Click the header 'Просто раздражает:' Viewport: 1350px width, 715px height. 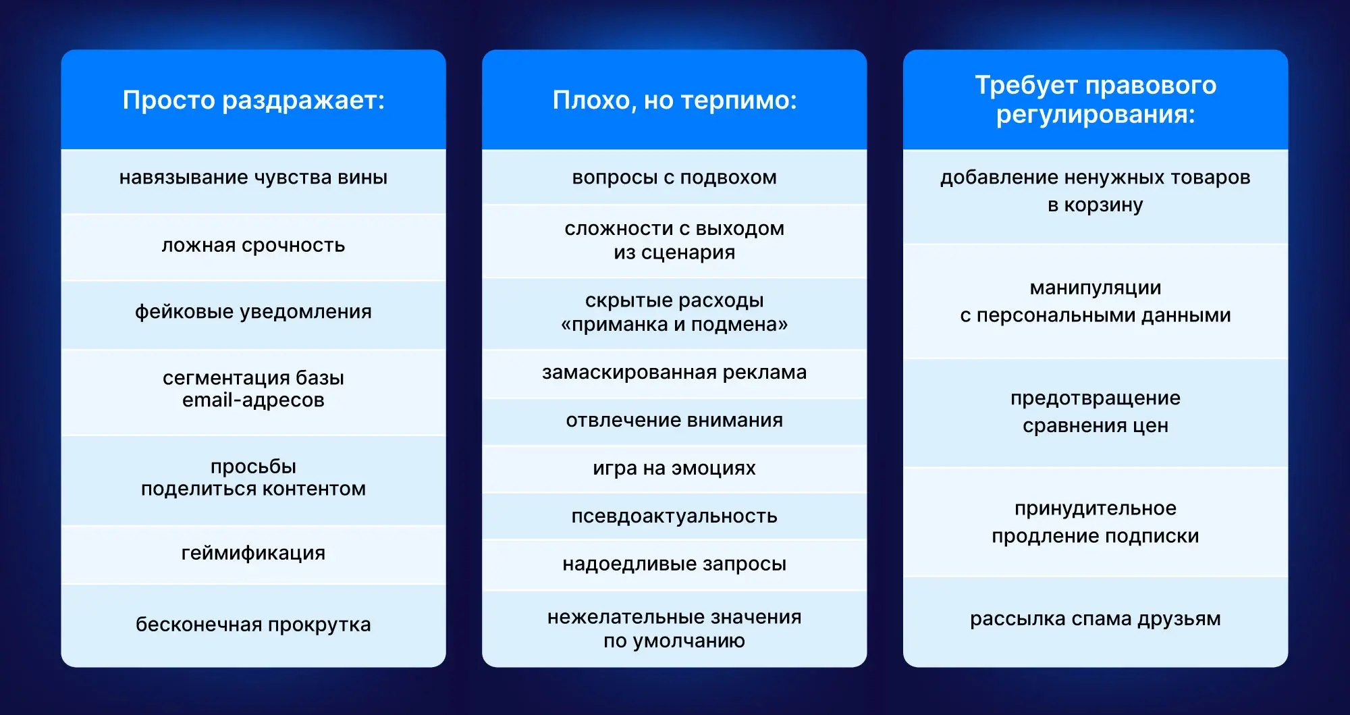pos(253,100)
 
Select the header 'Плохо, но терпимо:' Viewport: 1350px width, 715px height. pos(674,100)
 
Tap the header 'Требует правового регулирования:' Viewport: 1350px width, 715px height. pos(1096,99)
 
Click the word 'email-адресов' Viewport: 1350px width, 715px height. pos(253,400)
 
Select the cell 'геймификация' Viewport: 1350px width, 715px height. pos(253,553)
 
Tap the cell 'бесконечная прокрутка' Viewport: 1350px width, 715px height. pos(253,625)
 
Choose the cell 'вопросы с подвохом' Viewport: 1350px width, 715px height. pos(674,178)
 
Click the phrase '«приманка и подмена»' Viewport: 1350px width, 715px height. pos(674,325)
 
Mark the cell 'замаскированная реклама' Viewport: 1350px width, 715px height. pos(674,373)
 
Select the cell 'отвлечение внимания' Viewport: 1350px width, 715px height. pos(674,421)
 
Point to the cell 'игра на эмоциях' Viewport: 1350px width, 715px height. pos(674,469)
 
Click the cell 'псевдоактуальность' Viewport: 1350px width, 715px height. pos(674,517)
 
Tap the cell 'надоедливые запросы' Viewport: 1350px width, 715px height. pos(674,564)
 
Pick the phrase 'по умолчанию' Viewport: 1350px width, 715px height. pos(674,641)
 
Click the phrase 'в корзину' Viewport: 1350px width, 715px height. pos(1096,205)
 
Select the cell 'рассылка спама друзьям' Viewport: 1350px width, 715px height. pos(1096,619)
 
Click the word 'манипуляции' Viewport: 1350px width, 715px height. pos(1096,288)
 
